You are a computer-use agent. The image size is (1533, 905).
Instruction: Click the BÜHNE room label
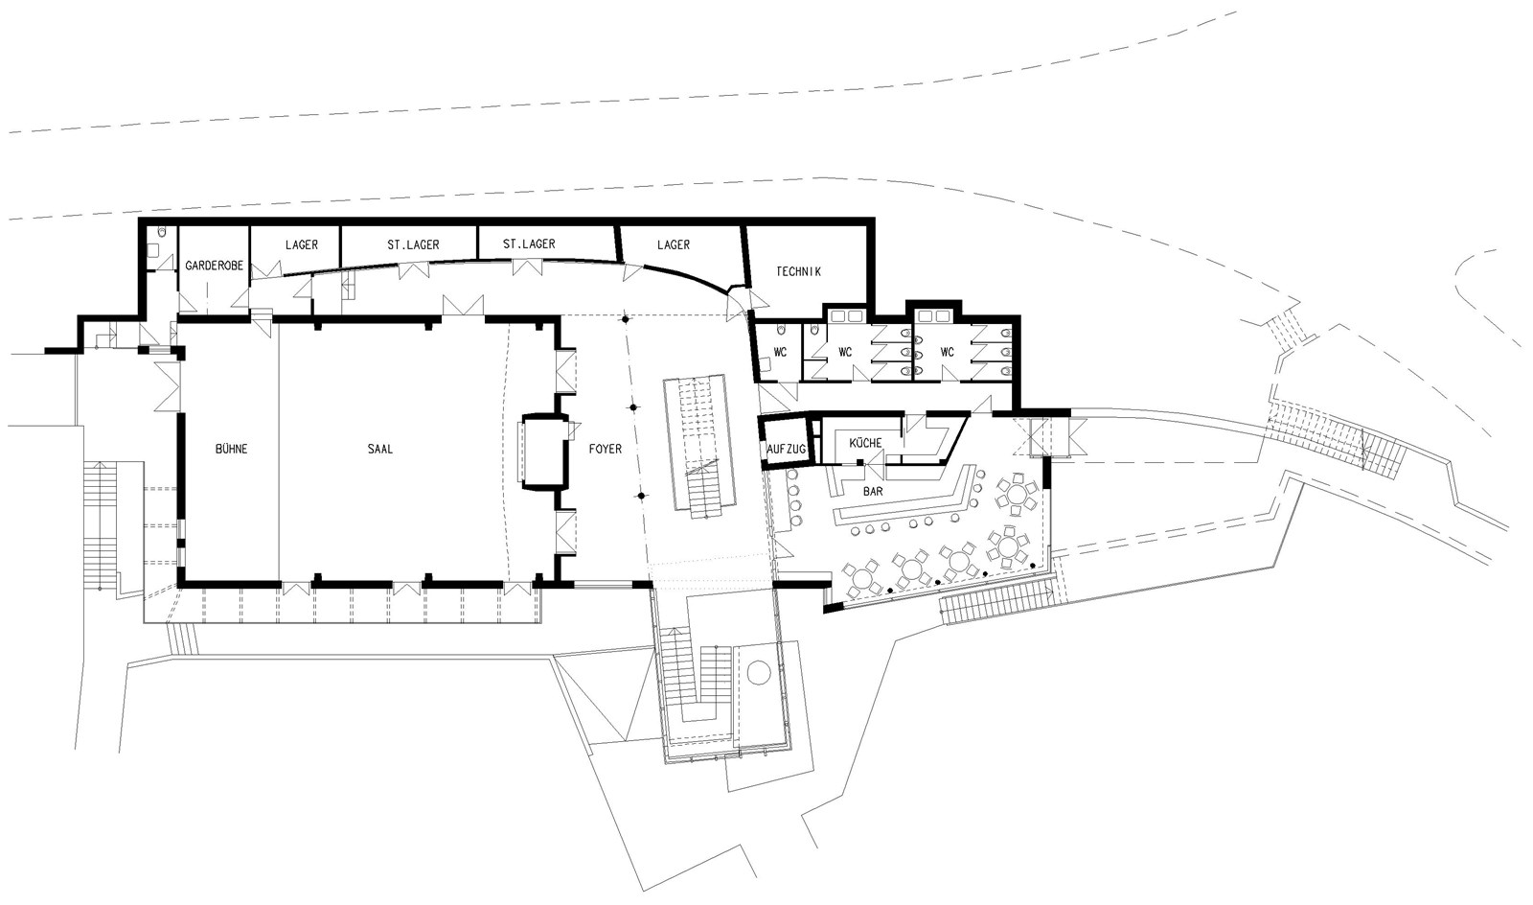coord(231,449)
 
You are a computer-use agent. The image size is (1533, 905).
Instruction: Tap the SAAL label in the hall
coord(379,449)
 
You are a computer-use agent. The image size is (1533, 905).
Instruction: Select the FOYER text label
coord(605,449)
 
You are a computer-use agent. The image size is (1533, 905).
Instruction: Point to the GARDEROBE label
coord(215,266)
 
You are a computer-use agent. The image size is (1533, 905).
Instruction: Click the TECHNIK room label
coord(799,271)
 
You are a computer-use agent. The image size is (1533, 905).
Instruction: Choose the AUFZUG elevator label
coord(787,449)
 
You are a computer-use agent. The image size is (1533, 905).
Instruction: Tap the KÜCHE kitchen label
coord(865,443)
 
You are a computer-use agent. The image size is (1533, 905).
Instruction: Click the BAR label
coord(873,491)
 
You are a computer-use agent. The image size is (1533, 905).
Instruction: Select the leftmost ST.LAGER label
coord(413,244)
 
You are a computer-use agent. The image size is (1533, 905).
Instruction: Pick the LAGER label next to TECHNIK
coord(674,244)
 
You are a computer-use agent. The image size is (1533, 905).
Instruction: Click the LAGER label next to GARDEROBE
coord(302,244)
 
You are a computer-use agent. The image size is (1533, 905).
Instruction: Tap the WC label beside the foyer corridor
coord(780,352)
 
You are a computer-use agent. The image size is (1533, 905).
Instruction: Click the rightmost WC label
coord(948,352)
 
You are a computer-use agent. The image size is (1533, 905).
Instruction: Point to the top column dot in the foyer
coord(625,319)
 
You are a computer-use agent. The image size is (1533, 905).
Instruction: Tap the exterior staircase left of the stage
coord(100,524)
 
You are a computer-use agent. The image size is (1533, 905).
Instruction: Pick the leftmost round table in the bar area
coord(860,578)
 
